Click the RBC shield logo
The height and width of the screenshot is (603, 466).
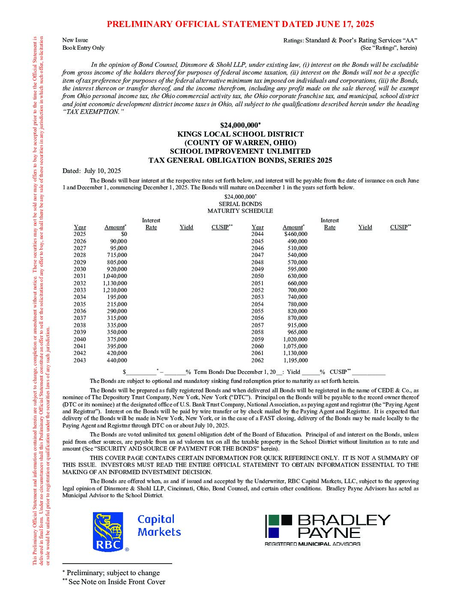(108, 531)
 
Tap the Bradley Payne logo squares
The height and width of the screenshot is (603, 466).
(278, 526)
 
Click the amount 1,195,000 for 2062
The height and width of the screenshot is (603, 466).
(295, 360)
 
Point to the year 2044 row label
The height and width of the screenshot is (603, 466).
(257, 234)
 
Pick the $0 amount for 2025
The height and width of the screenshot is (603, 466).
(124, 234)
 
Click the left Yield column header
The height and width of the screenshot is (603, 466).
(186, 227)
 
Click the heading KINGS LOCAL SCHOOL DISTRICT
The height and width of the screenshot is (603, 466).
(240, 134)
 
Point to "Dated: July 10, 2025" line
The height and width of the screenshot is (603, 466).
(92, 170)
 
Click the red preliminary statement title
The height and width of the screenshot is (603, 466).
(240, 24)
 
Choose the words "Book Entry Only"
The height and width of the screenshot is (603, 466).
(84, 48)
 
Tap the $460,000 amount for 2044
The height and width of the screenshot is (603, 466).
(296, 234)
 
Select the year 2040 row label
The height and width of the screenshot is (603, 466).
(80, 339)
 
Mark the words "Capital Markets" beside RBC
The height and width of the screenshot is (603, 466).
(159, 525)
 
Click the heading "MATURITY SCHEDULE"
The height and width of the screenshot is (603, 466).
(240, 211)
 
